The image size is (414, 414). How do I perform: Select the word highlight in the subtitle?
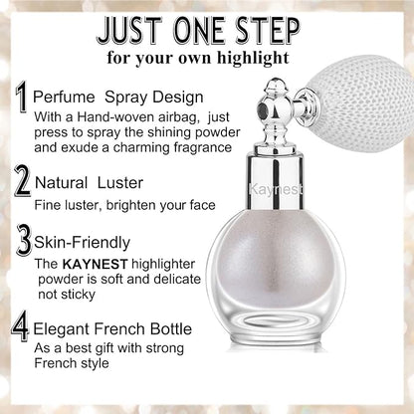(253, 58)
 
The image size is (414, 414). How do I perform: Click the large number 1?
(21, 98)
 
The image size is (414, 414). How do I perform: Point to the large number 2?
(23, 182)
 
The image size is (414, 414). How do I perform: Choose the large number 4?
(21, 327)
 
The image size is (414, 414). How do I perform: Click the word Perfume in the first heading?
(64, 98)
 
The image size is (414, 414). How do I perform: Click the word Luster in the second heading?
(120, 183)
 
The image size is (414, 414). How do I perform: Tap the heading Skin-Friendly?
(82, 243)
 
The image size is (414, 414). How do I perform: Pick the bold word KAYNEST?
(95, 264)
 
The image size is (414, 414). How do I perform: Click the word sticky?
(80, 295)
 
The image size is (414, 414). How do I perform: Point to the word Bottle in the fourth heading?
(171, 328)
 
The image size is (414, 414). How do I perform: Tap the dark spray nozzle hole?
(263, 107)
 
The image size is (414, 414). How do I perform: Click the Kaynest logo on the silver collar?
(276, 189)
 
